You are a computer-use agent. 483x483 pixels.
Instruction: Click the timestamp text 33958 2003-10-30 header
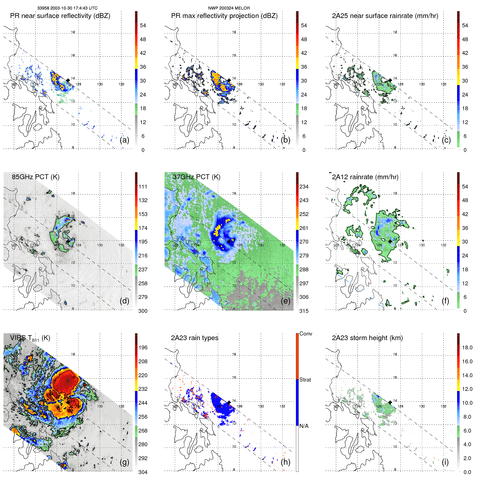[67, 8]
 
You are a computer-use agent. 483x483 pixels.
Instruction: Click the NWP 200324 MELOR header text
[229, 8]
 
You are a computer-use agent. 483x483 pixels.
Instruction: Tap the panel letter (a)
[124, 140]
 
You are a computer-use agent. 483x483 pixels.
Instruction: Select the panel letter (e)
[286, 301]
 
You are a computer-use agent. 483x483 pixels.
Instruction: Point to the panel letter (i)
[445, 462]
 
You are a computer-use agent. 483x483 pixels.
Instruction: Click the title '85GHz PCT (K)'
[35, 177]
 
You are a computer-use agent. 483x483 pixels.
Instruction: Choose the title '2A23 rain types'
[194, 338]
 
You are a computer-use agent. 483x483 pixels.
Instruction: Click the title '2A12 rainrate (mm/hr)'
[365, 177]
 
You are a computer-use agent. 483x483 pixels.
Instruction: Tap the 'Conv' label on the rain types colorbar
[306, 334]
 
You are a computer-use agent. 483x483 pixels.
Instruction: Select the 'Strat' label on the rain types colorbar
[305, 380]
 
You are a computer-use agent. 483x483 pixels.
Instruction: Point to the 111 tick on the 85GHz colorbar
[143, 187]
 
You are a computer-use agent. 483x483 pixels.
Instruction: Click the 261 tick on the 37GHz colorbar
[304, 228]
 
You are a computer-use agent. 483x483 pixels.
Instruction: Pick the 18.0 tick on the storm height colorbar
[467, 347]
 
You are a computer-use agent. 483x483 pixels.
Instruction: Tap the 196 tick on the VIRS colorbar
[143, 347]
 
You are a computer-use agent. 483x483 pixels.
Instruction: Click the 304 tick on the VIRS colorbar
[143, 472]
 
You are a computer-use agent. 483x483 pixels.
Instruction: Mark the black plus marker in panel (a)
[68, 80]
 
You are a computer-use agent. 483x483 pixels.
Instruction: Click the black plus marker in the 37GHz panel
[229, 241]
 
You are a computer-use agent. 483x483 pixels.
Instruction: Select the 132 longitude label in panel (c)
[443, 84]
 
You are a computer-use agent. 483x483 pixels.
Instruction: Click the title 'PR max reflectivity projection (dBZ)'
[224, 16]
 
